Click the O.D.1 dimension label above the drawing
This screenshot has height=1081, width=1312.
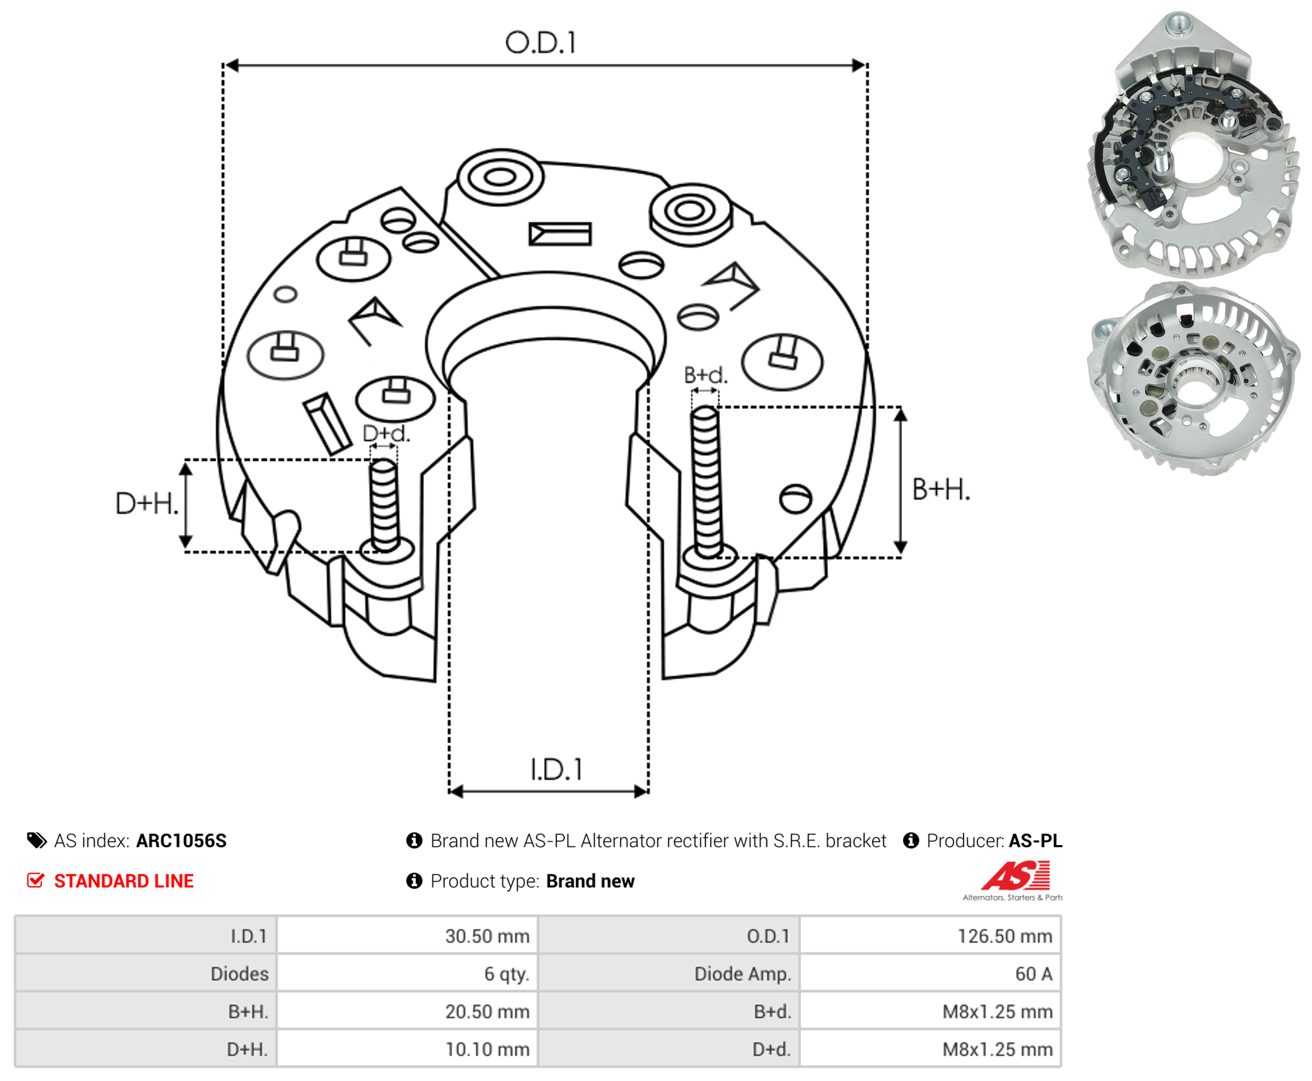click(x=540, y=43)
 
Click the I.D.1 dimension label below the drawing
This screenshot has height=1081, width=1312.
click(x=556, y=769)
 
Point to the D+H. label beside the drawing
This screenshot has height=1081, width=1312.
click(x=147, y=503)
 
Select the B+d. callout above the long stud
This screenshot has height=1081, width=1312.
click(x=705, y=375)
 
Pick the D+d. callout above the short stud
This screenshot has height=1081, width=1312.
click(x=386, y=434)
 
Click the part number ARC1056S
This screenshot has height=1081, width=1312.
click(x=181, y=841)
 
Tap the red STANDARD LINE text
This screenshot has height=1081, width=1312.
click(x=123, y=880)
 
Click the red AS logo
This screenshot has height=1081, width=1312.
click(x=1016, y=875)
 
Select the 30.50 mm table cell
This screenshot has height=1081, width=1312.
click(x=487, y=936)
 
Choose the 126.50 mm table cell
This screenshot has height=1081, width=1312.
click(x=1004, y=936)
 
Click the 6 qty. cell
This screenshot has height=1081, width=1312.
click(x=506, y=973)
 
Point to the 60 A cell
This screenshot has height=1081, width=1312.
click(x=1033, y=973)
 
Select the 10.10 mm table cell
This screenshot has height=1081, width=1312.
click(x=487, y=1049)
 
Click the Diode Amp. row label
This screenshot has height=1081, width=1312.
click(x=742, y=973)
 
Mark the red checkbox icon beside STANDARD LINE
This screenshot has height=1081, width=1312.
click(x=35, y=880)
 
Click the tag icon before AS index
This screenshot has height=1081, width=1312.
click(x=37, y=840)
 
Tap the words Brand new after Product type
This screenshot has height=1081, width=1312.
click(x=590, y=880)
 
